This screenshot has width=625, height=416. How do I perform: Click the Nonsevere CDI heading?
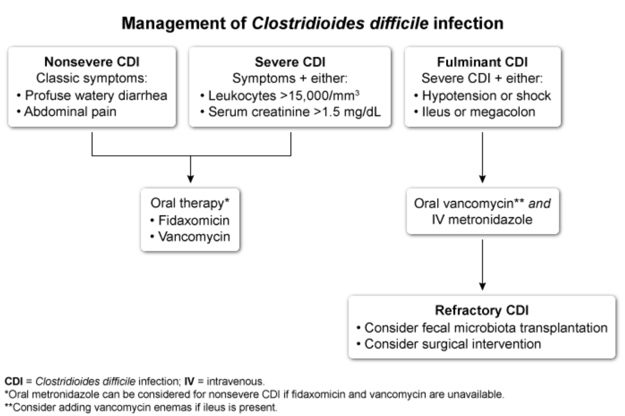[x=92, y=61]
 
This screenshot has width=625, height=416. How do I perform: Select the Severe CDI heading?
[x=290, y=61]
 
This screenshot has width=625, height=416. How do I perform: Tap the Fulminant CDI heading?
[x=482, y=61]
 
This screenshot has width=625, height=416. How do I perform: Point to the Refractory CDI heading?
[x=482, y=310]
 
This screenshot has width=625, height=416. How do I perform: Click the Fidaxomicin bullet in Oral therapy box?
[x=190, y=220]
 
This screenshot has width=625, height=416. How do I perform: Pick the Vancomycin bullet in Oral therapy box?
[x=190, y=237]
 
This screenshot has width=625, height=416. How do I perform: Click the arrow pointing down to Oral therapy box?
[x=190, y=169]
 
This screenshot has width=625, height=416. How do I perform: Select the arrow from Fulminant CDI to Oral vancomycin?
[x=482, y=158]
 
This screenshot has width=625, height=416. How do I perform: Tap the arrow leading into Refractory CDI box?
[x=482, y=265]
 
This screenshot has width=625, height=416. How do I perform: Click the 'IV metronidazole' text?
[x=482, y=220]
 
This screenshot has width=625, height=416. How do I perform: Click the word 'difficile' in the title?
[x=399, y=23]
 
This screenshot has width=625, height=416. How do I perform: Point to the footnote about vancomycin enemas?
[x=141, y=407]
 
